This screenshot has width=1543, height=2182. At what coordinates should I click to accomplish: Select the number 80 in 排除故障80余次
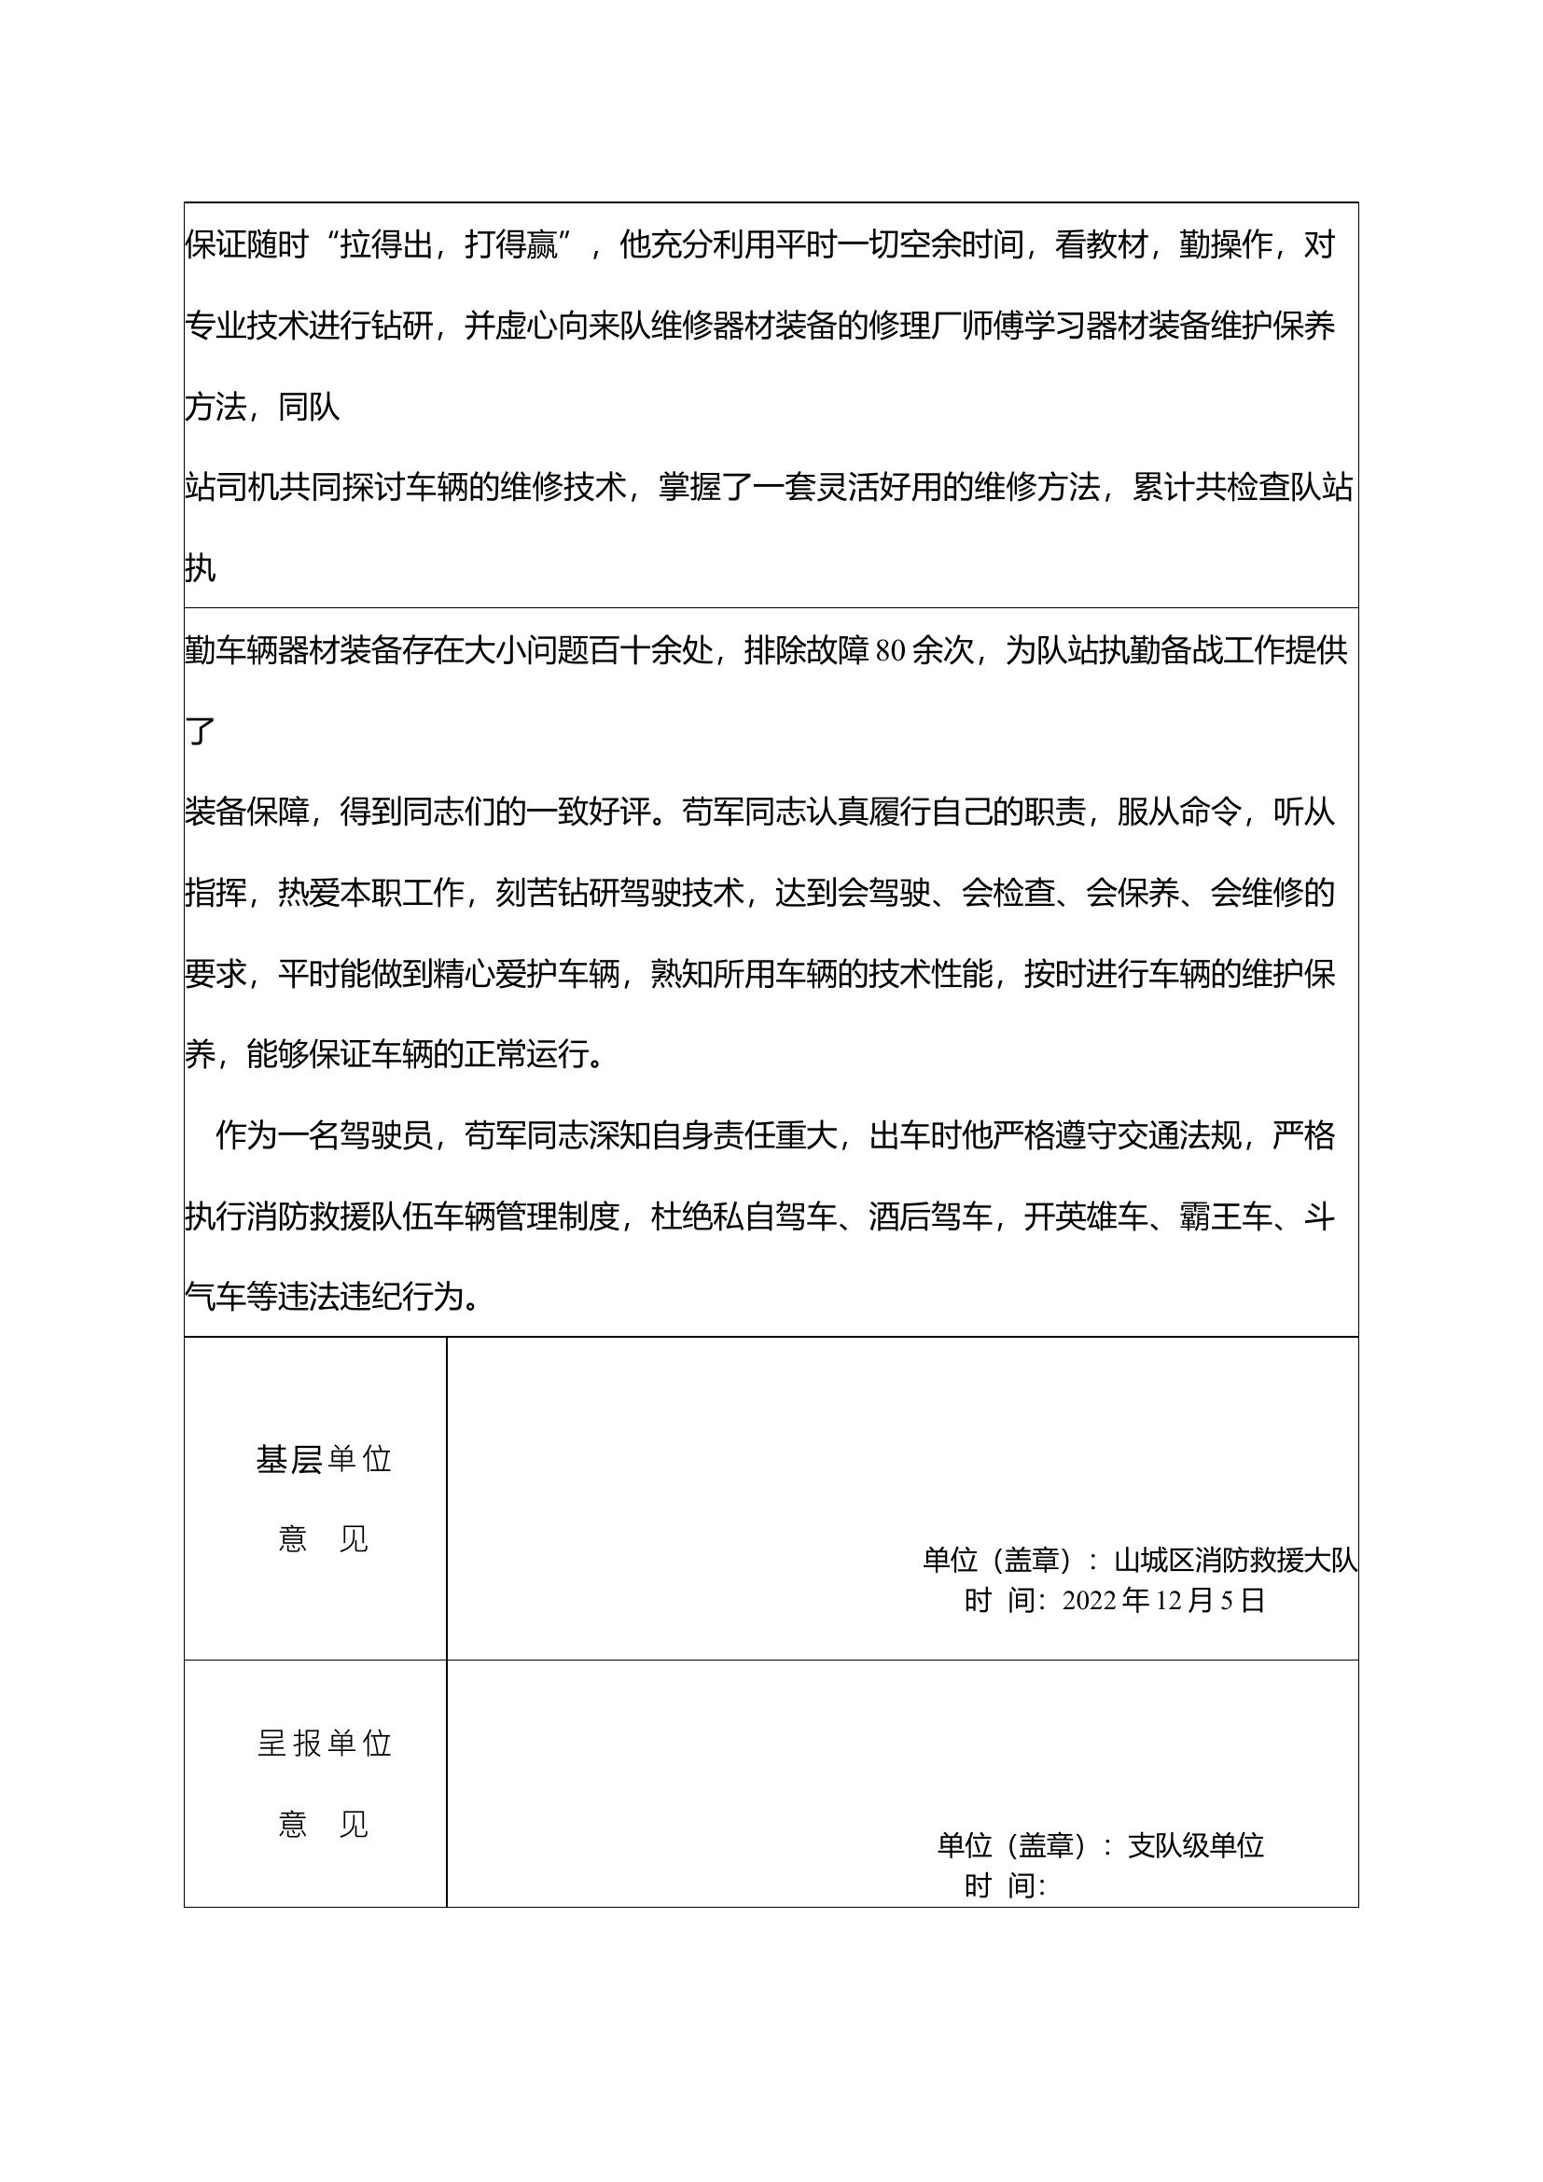coord(890,652)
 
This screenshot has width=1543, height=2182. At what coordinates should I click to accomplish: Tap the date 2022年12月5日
coord(1163,1602)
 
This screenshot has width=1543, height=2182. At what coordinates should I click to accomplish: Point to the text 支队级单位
coord(1195,1845)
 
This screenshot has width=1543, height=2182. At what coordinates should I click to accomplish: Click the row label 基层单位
coord(324,1460)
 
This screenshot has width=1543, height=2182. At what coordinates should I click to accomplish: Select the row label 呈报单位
coord(324,1744)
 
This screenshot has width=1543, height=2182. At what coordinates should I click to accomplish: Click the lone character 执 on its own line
coord(201,569)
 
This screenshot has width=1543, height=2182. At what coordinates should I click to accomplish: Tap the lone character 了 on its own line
coord(201,731)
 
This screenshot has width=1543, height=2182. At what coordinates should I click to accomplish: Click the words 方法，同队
coord(262,408)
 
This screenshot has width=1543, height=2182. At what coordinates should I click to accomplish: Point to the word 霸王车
coord(1226,1217)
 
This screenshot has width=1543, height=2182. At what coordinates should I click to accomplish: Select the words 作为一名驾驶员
coord(324,1136)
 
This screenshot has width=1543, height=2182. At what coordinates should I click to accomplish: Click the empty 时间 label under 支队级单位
coord(1005,1886)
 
